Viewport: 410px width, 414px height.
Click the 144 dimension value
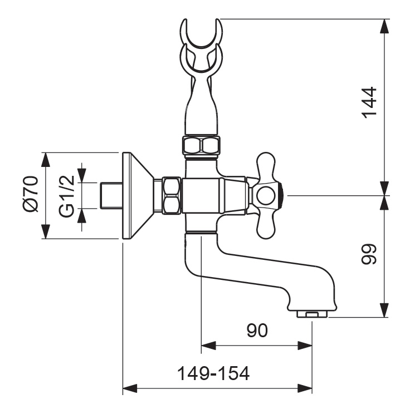369,102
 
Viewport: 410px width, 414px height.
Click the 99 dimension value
369,255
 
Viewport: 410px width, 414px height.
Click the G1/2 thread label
67,195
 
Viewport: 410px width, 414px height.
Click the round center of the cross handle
265,195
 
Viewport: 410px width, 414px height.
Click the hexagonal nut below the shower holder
201,146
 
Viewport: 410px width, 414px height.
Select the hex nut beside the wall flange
171,195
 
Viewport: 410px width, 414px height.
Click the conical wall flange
136,195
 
